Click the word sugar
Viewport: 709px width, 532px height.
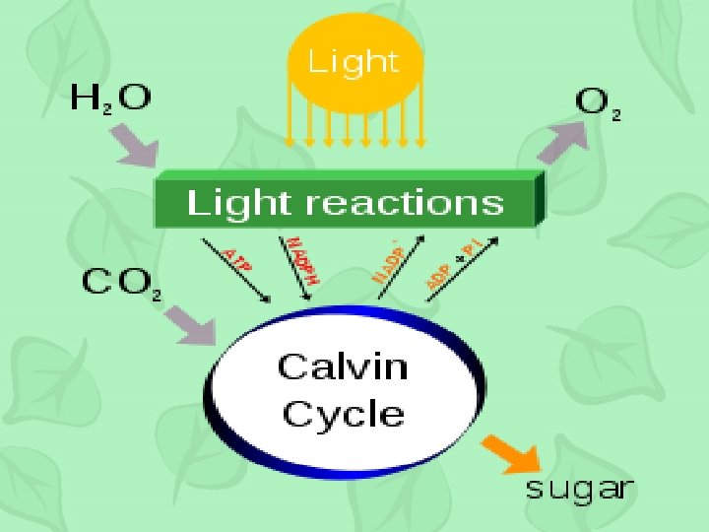[579, 489]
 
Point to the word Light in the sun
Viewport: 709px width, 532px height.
[354, 62]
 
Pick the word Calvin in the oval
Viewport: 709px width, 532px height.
[342, 366]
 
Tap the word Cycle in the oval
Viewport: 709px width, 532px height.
[342, 413]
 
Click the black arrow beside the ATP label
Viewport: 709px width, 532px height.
[240, 270]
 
